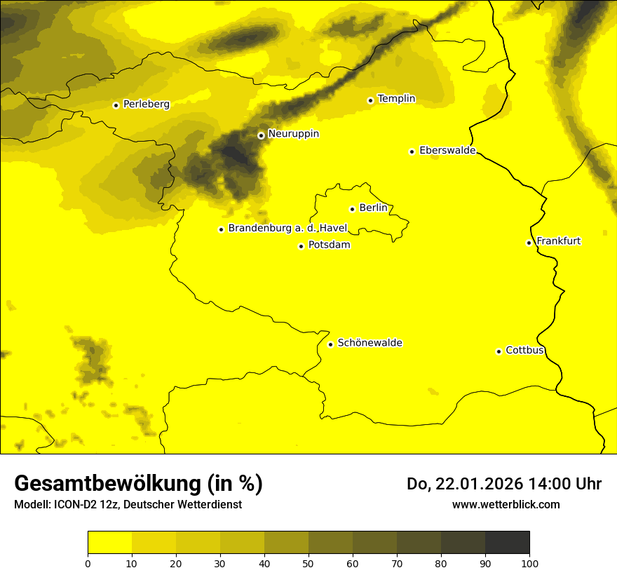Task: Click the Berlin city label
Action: pos(373,208)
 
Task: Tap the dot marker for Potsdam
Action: pos(301,246)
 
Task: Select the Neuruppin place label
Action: pos(293,134)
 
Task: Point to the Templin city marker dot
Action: pos(370,100)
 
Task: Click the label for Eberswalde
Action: pos(447,151)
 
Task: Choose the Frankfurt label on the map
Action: pos(559,241)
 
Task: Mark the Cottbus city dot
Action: pos(499,351)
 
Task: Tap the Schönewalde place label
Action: pos(370,343)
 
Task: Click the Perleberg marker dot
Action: pos(116,105)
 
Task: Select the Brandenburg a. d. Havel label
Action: pos(287,229)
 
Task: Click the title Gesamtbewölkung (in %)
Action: pos(138,484)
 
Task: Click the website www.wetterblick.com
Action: pos(506,504)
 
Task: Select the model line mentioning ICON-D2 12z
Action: pos(128,504)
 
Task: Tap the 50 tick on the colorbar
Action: pos(308,562)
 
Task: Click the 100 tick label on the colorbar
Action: pos(529,562)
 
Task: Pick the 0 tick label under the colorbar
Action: pos(88,562)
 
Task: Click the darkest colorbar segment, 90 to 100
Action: pos(507,543)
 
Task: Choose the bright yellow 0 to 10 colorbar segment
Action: pos(109,543)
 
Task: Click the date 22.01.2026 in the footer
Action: pos(476,484)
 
